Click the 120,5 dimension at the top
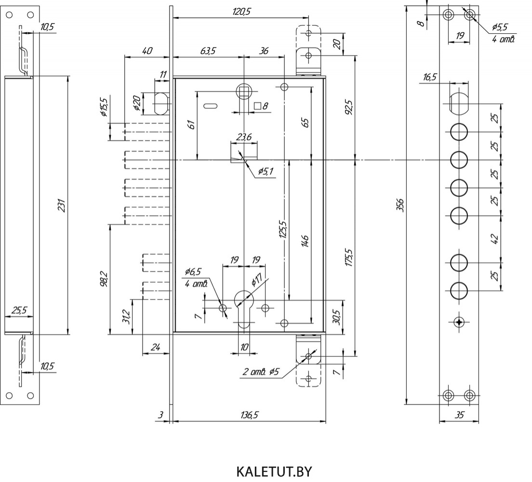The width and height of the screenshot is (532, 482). click(x=241, y=12)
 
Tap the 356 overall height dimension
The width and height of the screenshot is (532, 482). click(x=401, y=205)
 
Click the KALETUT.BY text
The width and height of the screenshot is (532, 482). click(x=274, y=472)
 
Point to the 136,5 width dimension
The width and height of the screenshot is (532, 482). click(x=250, y=415)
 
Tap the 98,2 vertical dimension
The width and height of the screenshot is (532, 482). click(x=104, y=279)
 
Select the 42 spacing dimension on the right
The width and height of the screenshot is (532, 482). click(x=495, y=239)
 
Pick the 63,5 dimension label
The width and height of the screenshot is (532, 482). click(x=208, y=51)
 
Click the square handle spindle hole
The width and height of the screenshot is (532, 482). click(x=244, y=91)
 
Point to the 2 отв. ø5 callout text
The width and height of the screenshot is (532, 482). click(x=261, y=372)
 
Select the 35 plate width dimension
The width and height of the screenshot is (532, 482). click(x=459, y=415)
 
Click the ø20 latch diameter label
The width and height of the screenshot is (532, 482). click(x=137, y=103)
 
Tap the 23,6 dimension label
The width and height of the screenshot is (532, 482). click(x=244, y=137)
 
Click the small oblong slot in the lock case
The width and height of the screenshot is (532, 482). click(x=211, y=106)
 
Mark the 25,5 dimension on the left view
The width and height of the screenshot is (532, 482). click(x=19, y=310)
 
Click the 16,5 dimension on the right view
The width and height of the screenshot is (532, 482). click(x=429, y=78)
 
